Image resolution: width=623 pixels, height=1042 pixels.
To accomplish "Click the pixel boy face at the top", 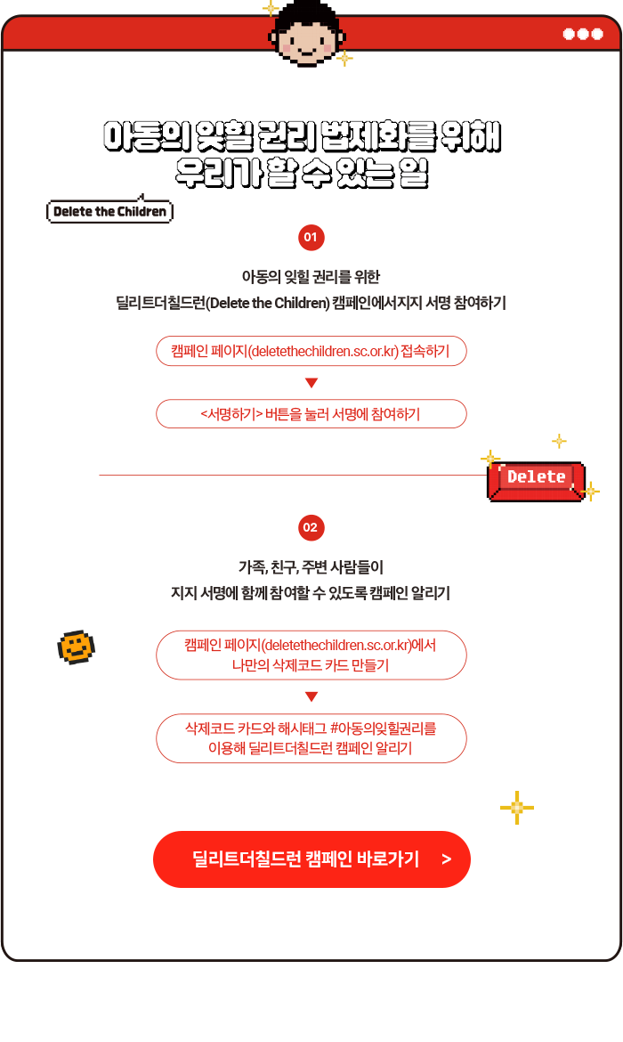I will tap(306, 38).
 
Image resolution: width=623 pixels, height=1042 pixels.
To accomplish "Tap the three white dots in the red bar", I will tap(583, 34).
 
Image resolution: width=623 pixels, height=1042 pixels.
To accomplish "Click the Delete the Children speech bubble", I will tap(109, 211).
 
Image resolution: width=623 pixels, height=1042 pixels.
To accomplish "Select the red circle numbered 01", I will tap(311, 238).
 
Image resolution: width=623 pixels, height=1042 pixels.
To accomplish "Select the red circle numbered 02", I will tap(311, 528).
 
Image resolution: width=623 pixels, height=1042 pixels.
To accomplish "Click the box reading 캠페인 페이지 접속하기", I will tap(311, 351).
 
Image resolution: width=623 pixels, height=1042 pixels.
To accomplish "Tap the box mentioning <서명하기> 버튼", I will tap(311, 414).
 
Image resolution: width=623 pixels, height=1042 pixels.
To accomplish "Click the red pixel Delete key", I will tap(536, 479).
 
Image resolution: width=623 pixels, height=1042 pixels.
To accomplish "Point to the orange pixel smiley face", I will tap(76, 647).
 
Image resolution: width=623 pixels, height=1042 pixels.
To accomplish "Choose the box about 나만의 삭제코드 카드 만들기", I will tap(311, 655).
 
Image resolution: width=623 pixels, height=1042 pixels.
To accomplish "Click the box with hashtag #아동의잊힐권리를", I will tap(311, 738).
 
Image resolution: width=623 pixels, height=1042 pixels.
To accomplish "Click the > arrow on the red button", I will tap(446, 859).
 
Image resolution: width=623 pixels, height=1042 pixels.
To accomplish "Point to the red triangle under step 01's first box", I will tap(311, 383).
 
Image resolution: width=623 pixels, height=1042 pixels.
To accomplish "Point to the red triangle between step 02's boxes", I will tap(311, 696).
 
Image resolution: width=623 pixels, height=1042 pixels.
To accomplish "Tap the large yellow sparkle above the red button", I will tap(516, 807).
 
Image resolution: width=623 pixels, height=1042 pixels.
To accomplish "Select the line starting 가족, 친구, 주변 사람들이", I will tap(311, 567).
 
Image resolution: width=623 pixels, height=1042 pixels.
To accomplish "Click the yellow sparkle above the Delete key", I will tap(559, 441).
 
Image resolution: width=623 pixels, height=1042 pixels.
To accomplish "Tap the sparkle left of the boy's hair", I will tap(270, 9).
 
